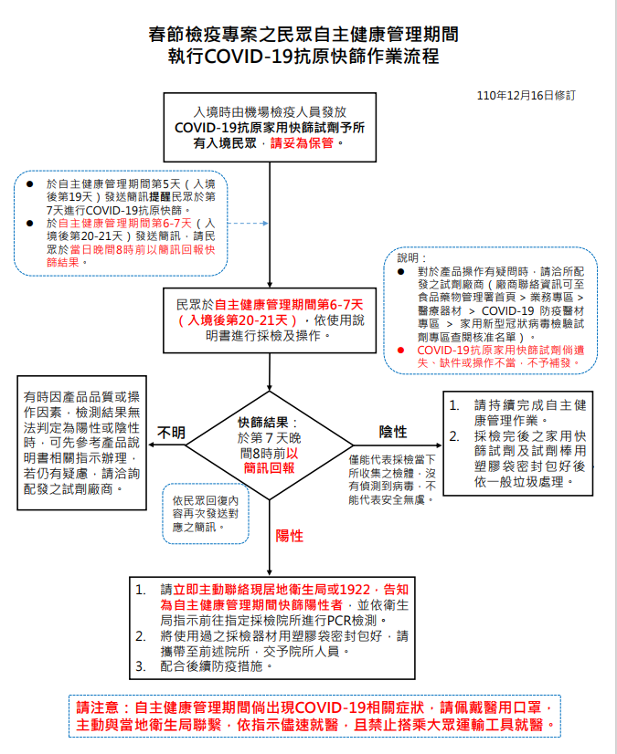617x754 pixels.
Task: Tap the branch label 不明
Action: pos(171,432)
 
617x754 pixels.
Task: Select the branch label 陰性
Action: pos(393,431)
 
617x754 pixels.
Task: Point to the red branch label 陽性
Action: pos(290,535)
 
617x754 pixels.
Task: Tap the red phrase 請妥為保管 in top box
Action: pos(303,143)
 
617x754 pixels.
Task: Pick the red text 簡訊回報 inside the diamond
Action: pos(268,466)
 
